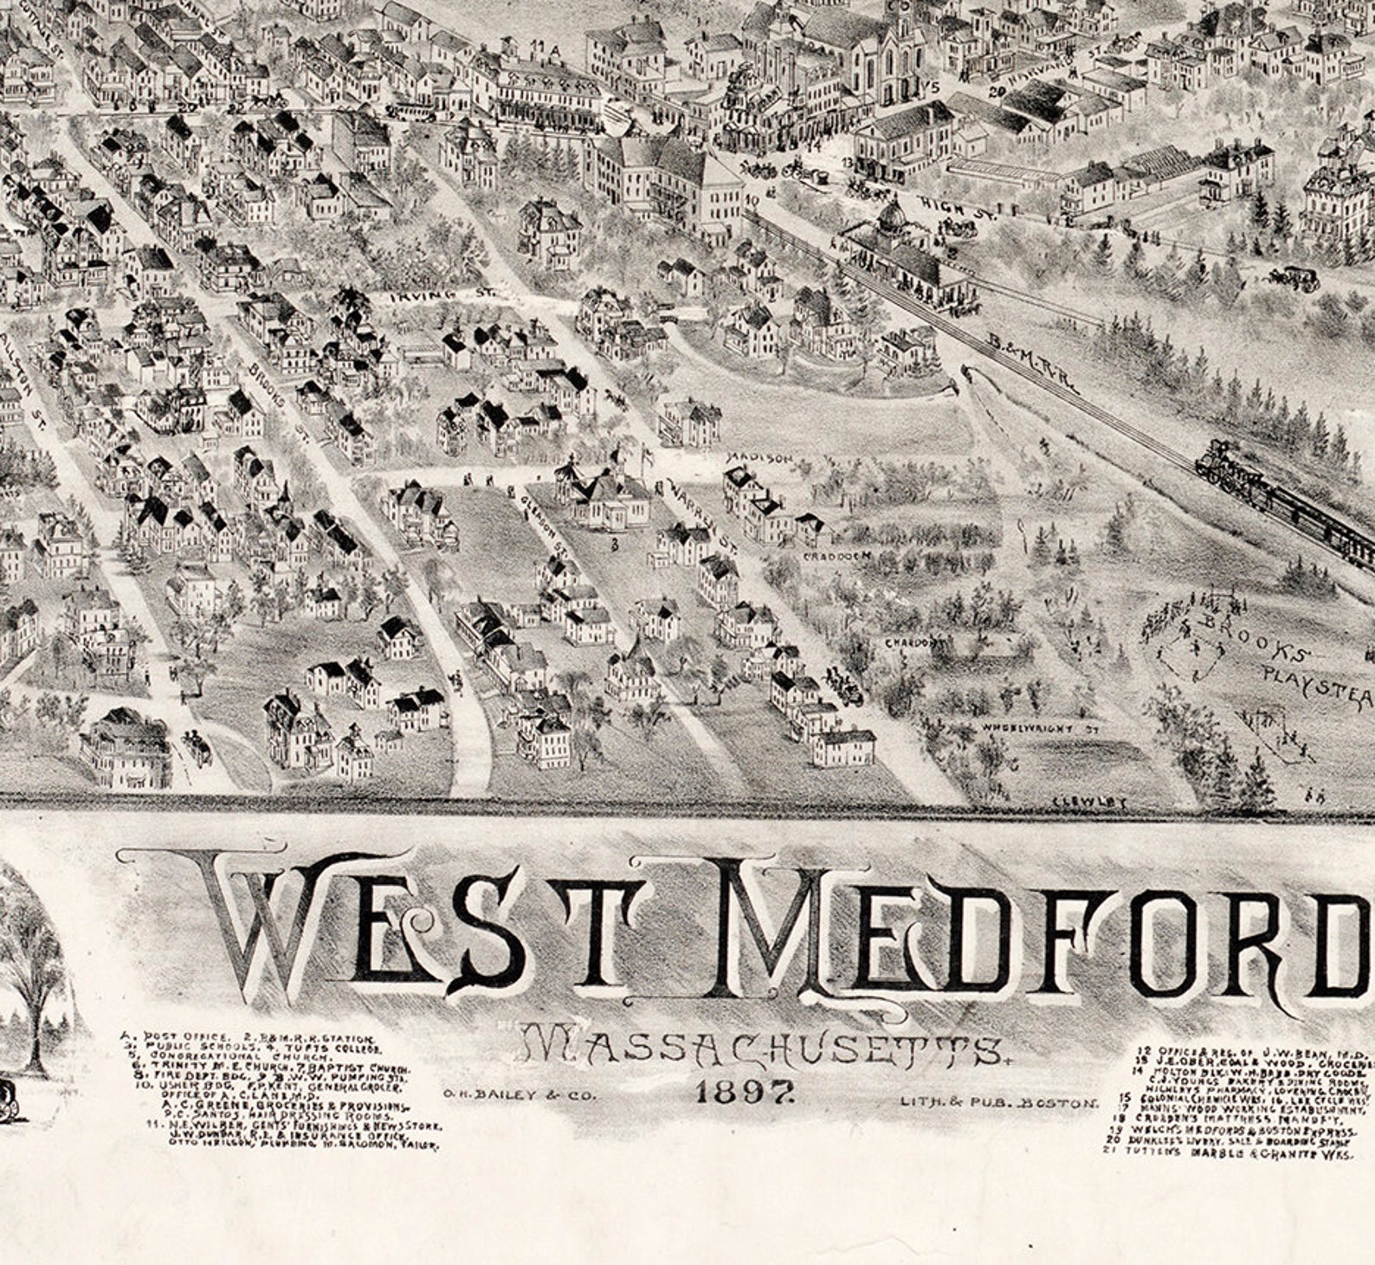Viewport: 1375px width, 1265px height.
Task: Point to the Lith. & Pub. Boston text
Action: click(998, 1103)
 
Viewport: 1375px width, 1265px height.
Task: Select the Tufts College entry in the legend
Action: click(295, 1047)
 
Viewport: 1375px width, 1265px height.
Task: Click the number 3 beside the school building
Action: click(613, 545)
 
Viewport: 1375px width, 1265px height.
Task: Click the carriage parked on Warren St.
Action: click(844, 685)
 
